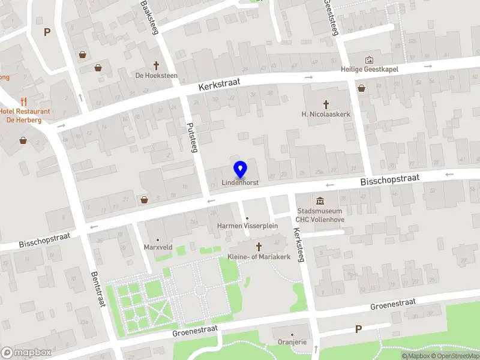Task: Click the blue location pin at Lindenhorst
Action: [240, 170]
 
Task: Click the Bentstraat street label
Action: [97, 289]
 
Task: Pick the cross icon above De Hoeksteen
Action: [157, 65]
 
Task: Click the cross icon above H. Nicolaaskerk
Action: [326, 104]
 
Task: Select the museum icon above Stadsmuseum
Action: [320, 200]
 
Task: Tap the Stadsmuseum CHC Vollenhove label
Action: [320, 215]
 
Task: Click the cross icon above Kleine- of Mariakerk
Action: [259, 247]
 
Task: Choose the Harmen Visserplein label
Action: [247, 226]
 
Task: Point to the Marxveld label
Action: [158, 247]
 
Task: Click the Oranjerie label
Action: [292, 343]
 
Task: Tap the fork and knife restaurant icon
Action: [23, 101]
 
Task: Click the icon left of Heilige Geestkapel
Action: [368, 60]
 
